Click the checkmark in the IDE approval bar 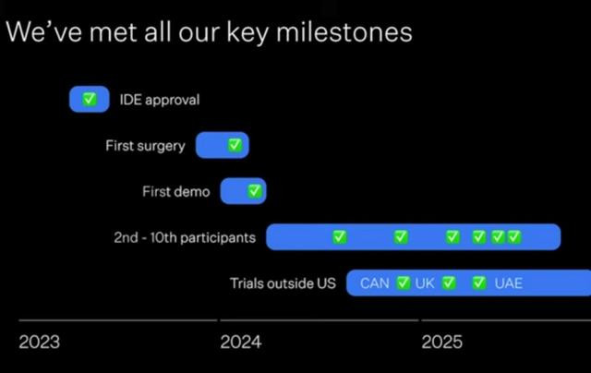(90, 99)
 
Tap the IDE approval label (160, 100)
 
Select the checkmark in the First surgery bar (235, 145)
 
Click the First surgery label (146, 146)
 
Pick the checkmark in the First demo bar (255, 191)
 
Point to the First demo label (176, 192)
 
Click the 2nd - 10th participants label (185, 237)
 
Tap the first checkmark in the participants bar (339, 237)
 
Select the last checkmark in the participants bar (514, 237)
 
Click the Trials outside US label (283, 283)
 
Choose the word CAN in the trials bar (375, 283)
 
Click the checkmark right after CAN (403, 283)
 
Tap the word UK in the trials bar (425, 283)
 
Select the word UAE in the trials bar (509, 283)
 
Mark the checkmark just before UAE (479, 283)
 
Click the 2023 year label (39, 343)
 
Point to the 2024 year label (241, 343)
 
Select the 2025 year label (441, 343)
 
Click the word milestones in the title (344, 32)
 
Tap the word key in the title (247, 34)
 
